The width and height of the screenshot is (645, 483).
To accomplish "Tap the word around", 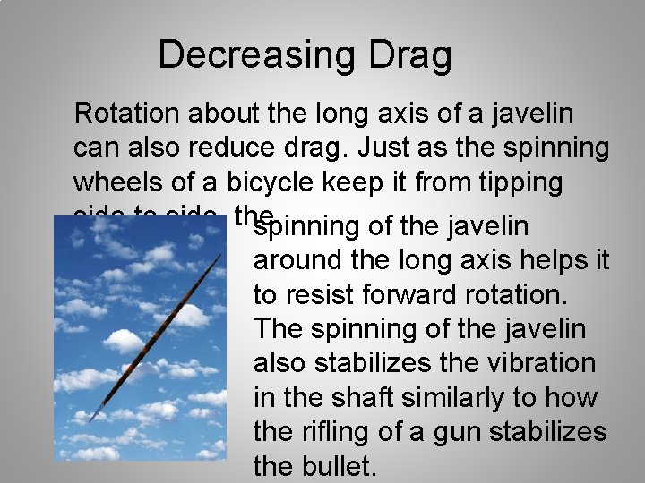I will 301,261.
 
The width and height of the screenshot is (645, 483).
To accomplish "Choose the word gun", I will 455,433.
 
